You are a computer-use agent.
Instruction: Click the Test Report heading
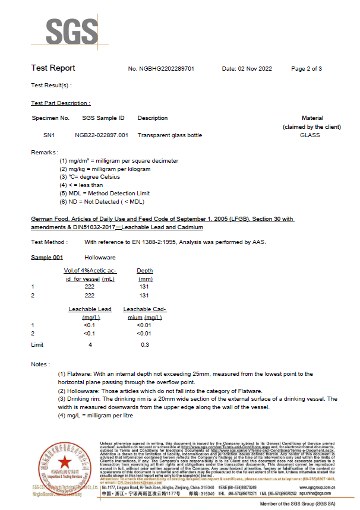53,68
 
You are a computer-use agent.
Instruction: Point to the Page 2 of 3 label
307,69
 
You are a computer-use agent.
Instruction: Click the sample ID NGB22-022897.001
102,135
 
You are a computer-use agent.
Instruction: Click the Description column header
153,118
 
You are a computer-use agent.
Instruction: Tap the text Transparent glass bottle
169,135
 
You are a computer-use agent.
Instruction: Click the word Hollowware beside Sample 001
100,258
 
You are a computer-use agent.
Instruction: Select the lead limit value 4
90,344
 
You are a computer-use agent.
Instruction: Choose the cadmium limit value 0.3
144,344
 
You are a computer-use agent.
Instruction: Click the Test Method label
49,242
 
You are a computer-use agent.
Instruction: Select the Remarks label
45,153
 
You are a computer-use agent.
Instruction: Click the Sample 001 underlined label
47,258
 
